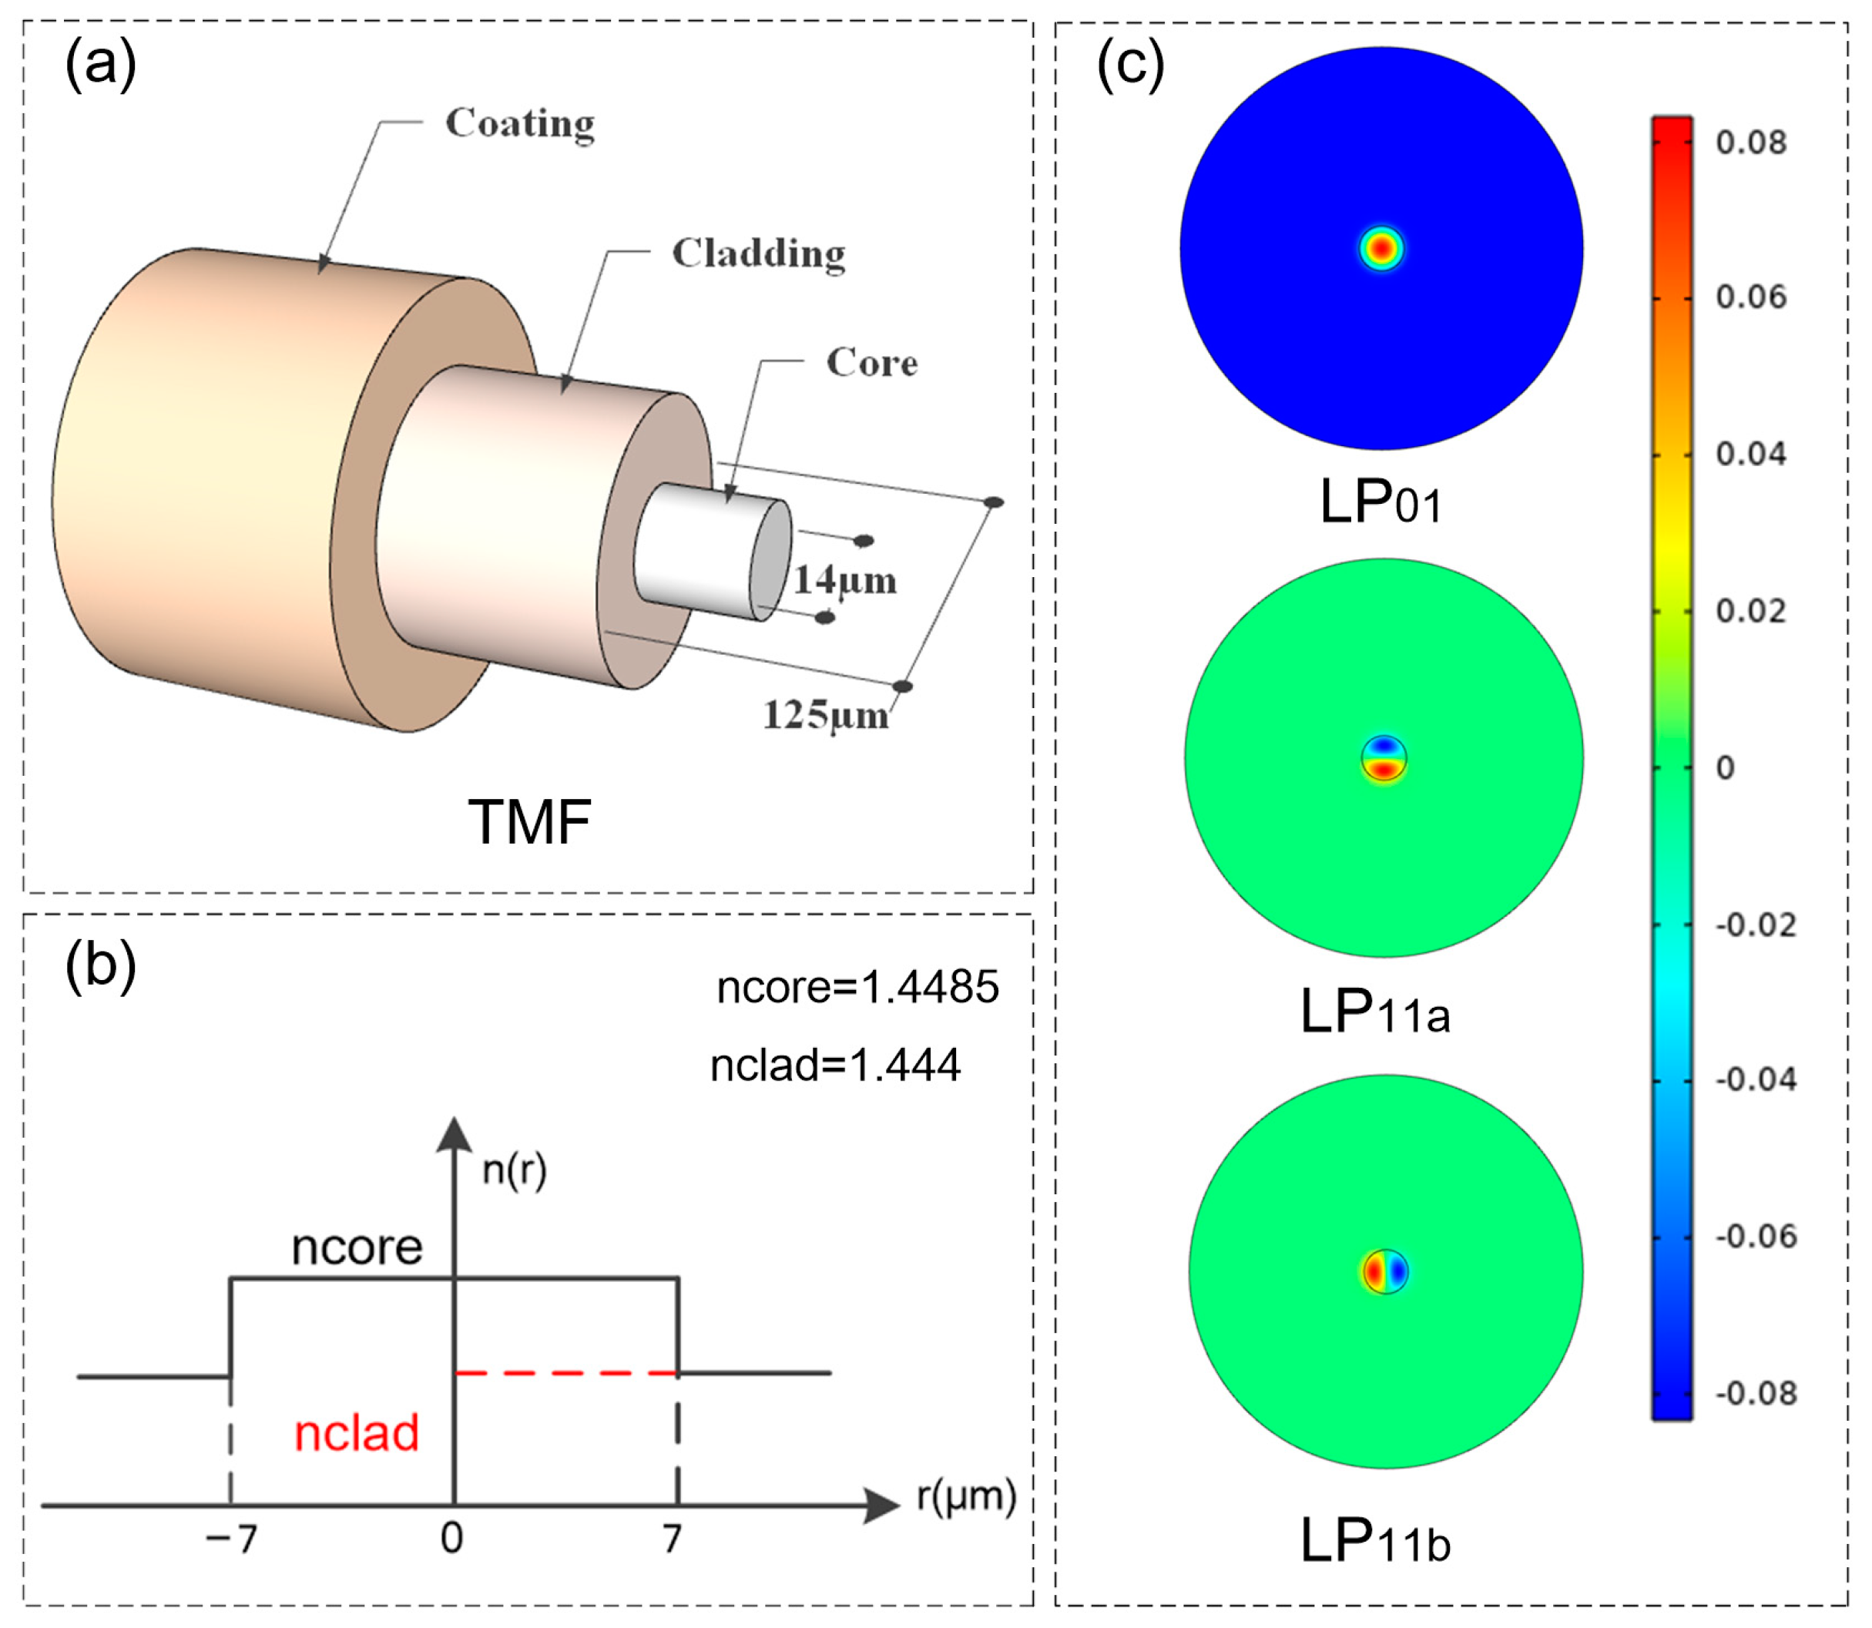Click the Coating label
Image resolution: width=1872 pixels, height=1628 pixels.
coord(519,123)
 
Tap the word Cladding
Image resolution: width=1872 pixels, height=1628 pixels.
coord(758,253)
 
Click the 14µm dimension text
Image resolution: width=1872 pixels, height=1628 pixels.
coord(845,580)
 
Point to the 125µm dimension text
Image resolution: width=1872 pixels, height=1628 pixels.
coord(826,716)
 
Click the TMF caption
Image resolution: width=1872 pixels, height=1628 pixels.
coord(529,822)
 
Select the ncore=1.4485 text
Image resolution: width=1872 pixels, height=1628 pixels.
coord(857,987)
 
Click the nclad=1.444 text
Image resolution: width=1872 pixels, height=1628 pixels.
coord(835,1066)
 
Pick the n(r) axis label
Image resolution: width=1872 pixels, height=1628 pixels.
coord(514,1170)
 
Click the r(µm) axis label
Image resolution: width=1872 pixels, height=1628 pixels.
coord(965,1496)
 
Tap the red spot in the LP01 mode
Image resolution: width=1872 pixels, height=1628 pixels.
coord(1381,248)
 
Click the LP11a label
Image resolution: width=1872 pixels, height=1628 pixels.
coord(1375,1012)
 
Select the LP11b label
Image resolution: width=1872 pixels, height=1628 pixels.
coord(1375,1541)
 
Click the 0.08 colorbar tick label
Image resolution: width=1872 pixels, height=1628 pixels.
coord(1750,143)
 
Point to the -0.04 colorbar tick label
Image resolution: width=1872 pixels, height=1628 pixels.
coord(1755,1080)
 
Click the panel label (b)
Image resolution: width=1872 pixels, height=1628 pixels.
coord(101,965)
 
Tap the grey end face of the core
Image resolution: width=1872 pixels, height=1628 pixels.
coord(771,559)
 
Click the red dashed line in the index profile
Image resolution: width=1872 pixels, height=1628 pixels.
coord(566,1373)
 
